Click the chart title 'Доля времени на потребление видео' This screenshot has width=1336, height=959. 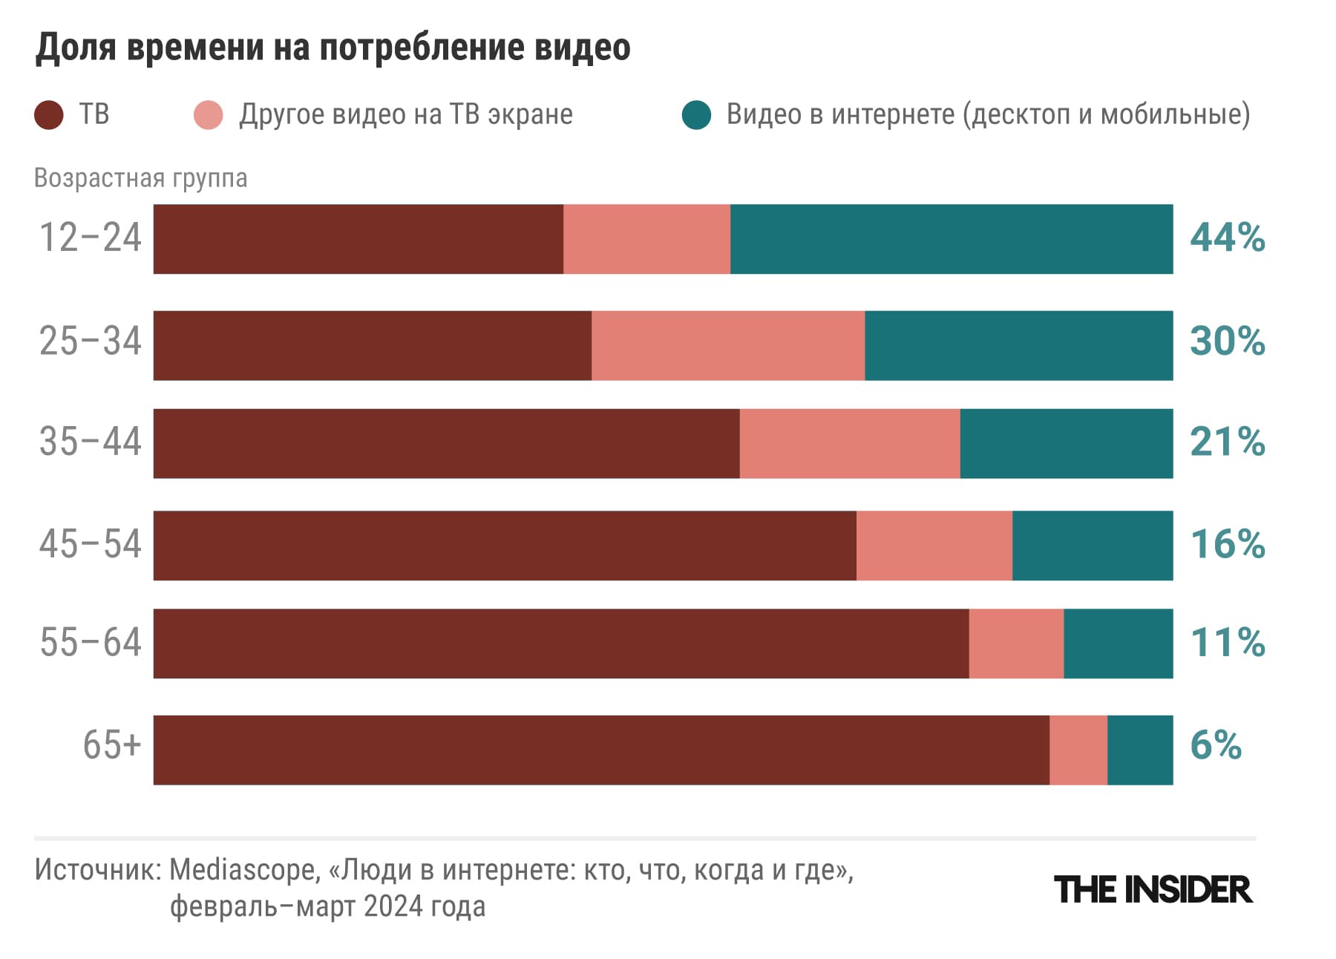pyautogui.click(x=333, y=48)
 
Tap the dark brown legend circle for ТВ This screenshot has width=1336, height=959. pyautogui.click(x=49, y=115)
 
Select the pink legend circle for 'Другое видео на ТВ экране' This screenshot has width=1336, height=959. pyautogui.click(x=208, y=115)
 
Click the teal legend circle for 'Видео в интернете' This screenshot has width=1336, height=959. pyautogui.click(x=696, y=115)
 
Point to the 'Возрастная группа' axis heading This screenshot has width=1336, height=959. pyautogui.click(x=140, y=178)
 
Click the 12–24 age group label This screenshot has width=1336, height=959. pyautogui.click(x=90, y=238)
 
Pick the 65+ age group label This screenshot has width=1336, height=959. pyautogui.click(x=111, y=744)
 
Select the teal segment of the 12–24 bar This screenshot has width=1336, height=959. pyautogui.click(x=952, y=239)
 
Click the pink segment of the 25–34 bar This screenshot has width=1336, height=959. pyautogui.click(x=728, y=346)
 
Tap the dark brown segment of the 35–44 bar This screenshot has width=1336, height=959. pyautogui.click(x=446, y=443)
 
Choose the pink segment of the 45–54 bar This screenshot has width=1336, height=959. pyautogui.click(x=934, y=546)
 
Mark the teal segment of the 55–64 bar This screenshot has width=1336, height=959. pyautogui.click(x=1118, y=644)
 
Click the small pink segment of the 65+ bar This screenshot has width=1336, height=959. pyautogui.click(x=1078, y=750)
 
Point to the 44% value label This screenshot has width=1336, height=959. pyautogui.click(x=1227, y=238)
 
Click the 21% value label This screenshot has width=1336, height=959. pyautogui.click(x=1227, y=442)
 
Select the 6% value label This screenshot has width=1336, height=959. pyautogui.click(x=1215, y=745)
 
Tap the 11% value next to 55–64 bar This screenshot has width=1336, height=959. pyautogui.click(x=1227, y=643)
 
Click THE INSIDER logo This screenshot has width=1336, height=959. pyautogui.click(x=1153, y=889)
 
